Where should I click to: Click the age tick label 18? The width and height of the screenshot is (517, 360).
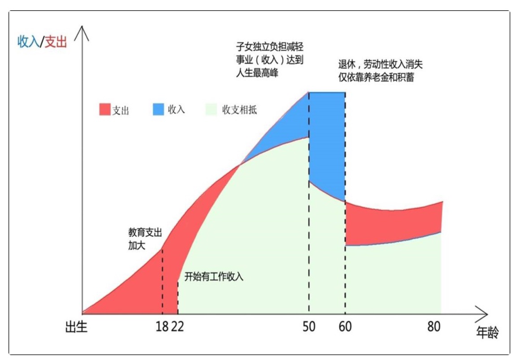pos(162,327)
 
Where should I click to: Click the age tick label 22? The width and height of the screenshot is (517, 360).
pos(177,327)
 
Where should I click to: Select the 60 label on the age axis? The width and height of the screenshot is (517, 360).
pos(345,327)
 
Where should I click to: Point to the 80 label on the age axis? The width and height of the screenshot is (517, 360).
pos(433,327)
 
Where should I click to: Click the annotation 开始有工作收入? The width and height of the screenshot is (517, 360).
pos(214,276)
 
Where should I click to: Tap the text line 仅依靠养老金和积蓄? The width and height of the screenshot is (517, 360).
pos(376,77)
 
